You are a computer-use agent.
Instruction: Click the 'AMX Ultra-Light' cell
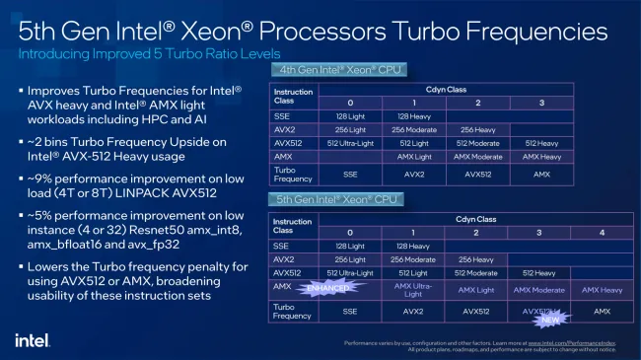click(414, 289)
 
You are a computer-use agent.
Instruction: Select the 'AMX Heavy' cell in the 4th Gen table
click(542, 156)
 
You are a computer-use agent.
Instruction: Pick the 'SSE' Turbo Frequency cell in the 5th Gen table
click(350, 311)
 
